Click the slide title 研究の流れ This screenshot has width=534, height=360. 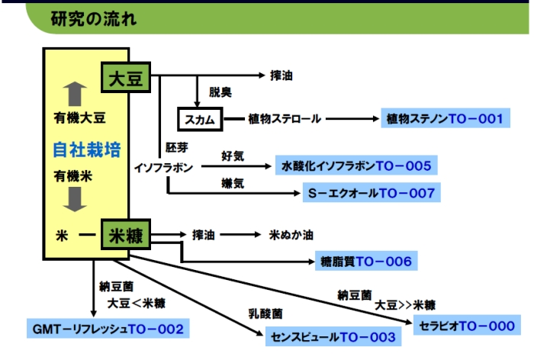click(93, 18)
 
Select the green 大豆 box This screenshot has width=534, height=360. click(126, 79)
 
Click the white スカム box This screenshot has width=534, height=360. click(201, 119)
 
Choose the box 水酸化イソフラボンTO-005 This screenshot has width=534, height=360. click(356, 166)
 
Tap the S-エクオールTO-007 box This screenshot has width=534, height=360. click(372, 193)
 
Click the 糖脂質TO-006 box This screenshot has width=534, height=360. click(365, 262)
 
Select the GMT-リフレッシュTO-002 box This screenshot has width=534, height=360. click(108, 328)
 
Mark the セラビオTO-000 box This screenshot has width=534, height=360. click(467, 326)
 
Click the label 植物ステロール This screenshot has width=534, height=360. click(285, 119)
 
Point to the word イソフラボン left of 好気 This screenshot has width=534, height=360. click(163, 166)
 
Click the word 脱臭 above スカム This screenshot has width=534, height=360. click(221, 95)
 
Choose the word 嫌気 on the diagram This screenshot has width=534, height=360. click(233, 184)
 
